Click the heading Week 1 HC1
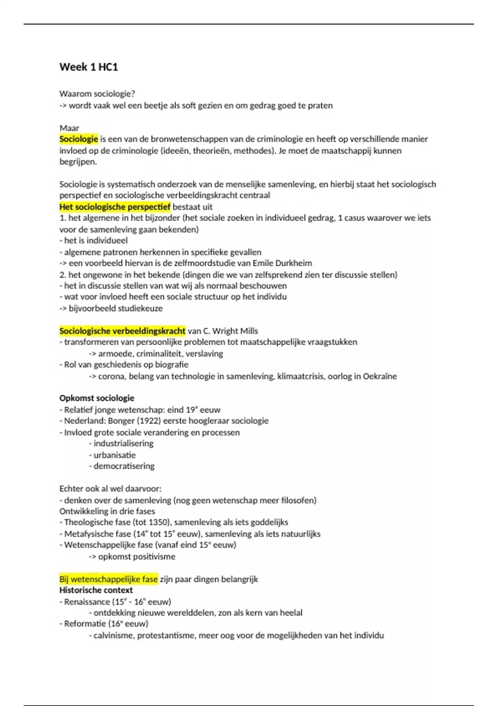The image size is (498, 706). [88, 67]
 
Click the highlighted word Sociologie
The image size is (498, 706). [78, 139]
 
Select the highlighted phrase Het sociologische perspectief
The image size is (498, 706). [115, 207]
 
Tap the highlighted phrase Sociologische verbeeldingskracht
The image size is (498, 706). [122, 331]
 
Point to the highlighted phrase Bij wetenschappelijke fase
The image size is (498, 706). [108, 579]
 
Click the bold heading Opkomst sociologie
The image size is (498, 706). [97, 398]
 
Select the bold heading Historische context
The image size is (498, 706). [96, 590]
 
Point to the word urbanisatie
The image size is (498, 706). [115, 455]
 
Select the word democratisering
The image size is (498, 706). [124, 466]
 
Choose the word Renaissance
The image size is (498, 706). [87, 602]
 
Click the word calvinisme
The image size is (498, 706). [113, 635]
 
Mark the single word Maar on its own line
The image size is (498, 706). [69, 128]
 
